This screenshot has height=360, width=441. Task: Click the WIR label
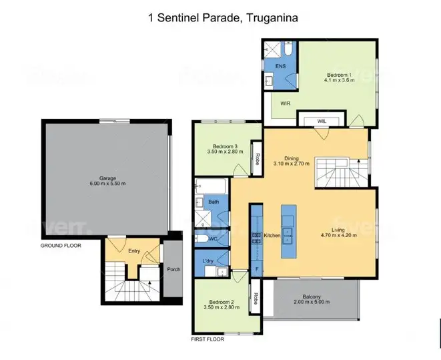pyautogui.click(x=285, y=104)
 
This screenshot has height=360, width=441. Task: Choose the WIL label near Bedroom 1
pyautogui.click(x=321, y=121)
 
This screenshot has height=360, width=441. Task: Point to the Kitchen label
pyautogui.click(x=272, y=236)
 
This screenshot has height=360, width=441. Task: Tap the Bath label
pyautogui.click(x=213, y=201)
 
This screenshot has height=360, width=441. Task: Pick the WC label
pyautogui.click(x=213, y=238)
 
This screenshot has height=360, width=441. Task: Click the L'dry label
pyautogui.click(x=207, y=260)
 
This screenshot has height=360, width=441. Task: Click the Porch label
pyautogui.click(x=173, y=270)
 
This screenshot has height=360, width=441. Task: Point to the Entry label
pyautogui.click(x=134, y=251)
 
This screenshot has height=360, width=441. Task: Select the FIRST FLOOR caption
pyautogui.click(x=207, y=339)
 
